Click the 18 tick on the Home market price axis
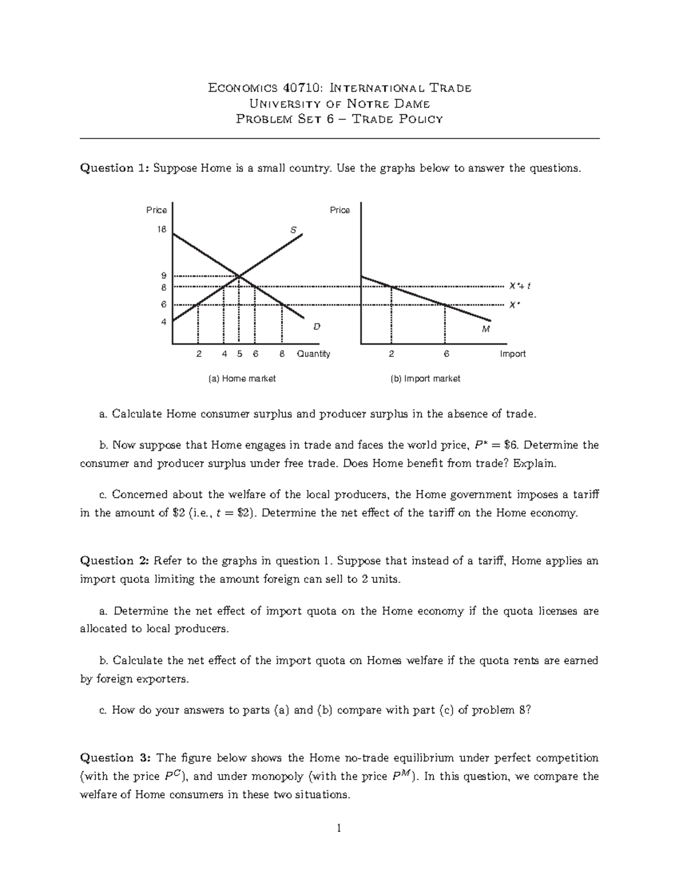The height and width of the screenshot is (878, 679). tap(162, 230)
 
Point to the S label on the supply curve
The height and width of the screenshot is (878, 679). tap(293, 230)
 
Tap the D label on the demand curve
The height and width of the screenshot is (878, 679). tap(317, 327)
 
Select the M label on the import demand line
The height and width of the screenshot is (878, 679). tap(485, 329)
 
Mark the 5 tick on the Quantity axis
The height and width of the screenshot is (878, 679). tap(240, 354)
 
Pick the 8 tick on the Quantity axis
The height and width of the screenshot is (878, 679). tap(282, 354)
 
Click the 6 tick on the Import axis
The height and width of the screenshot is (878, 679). tap(446, 354)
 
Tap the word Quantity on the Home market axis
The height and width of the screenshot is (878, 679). tap(313, 354)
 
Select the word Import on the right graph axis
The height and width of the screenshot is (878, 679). tap(513, 354)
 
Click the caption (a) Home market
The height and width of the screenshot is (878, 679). tap(242, 379)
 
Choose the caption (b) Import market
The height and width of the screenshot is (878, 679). tap(426, 379)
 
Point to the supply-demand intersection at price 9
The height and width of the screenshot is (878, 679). tap(239, 276)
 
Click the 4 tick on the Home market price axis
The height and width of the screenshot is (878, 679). tap(164, 322)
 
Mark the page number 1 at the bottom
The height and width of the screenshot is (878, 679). tap(339, 829)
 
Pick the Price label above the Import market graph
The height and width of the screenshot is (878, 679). tap(339, 210)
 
